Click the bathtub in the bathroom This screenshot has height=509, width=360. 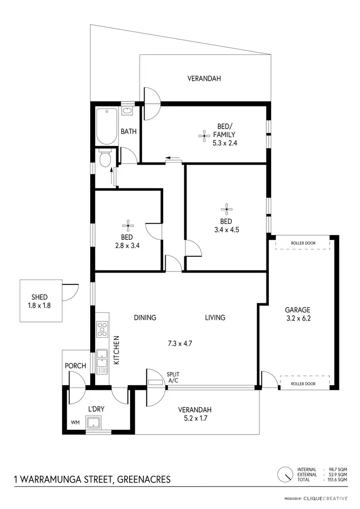coord(106,126)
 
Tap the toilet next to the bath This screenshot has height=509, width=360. coord(105,158)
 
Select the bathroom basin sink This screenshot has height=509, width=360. coord(128,111)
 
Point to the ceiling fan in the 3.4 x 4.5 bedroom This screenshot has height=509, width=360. coord(226,208)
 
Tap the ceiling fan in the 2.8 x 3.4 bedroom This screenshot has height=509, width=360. coord(127,225)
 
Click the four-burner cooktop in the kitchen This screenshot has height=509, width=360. coord(102,329)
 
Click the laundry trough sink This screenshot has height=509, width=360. coord(93,423)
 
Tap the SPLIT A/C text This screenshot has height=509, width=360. coord(173,377)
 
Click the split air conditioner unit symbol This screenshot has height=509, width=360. coord(156,382)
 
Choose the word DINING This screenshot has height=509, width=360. coord(145,318)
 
